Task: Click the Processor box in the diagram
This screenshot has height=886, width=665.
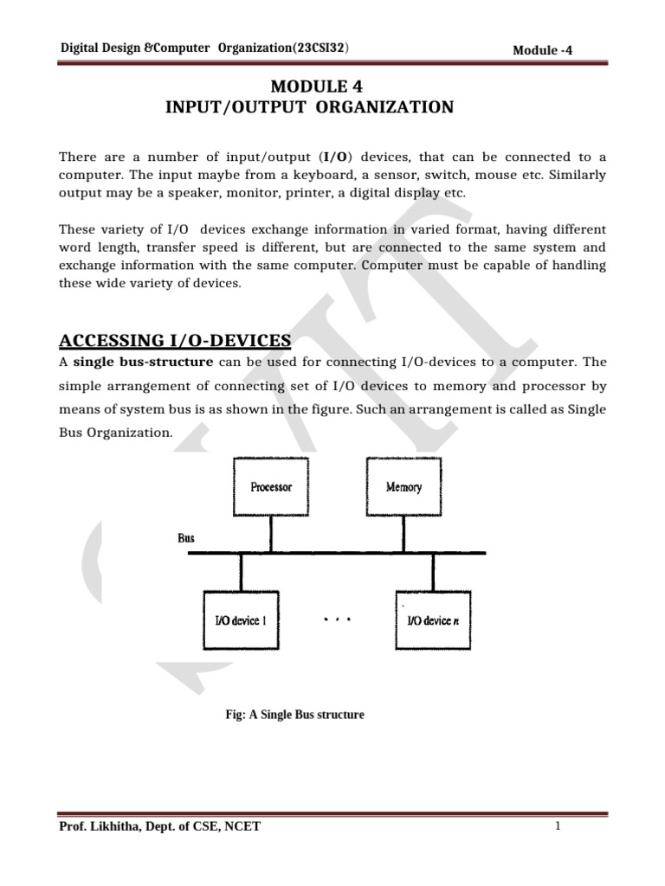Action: [x=271, y=487]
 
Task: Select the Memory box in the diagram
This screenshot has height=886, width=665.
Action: [x=404, y=487]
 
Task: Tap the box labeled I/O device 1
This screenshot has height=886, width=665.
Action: [x=242, y=621]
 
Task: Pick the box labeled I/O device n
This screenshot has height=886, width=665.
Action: [x=434, y=621]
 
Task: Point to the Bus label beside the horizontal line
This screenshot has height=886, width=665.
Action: [x=186, y=538]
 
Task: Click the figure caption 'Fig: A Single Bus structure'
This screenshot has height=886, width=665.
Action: [x=294, y=715]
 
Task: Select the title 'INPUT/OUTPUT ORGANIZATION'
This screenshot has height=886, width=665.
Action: [x=310, y=107]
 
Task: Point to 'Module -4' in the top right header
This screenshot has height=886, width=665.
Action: [x=542, y=50]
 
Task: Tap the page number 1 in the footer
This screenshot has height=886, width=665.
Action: [x=559, y=826]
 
